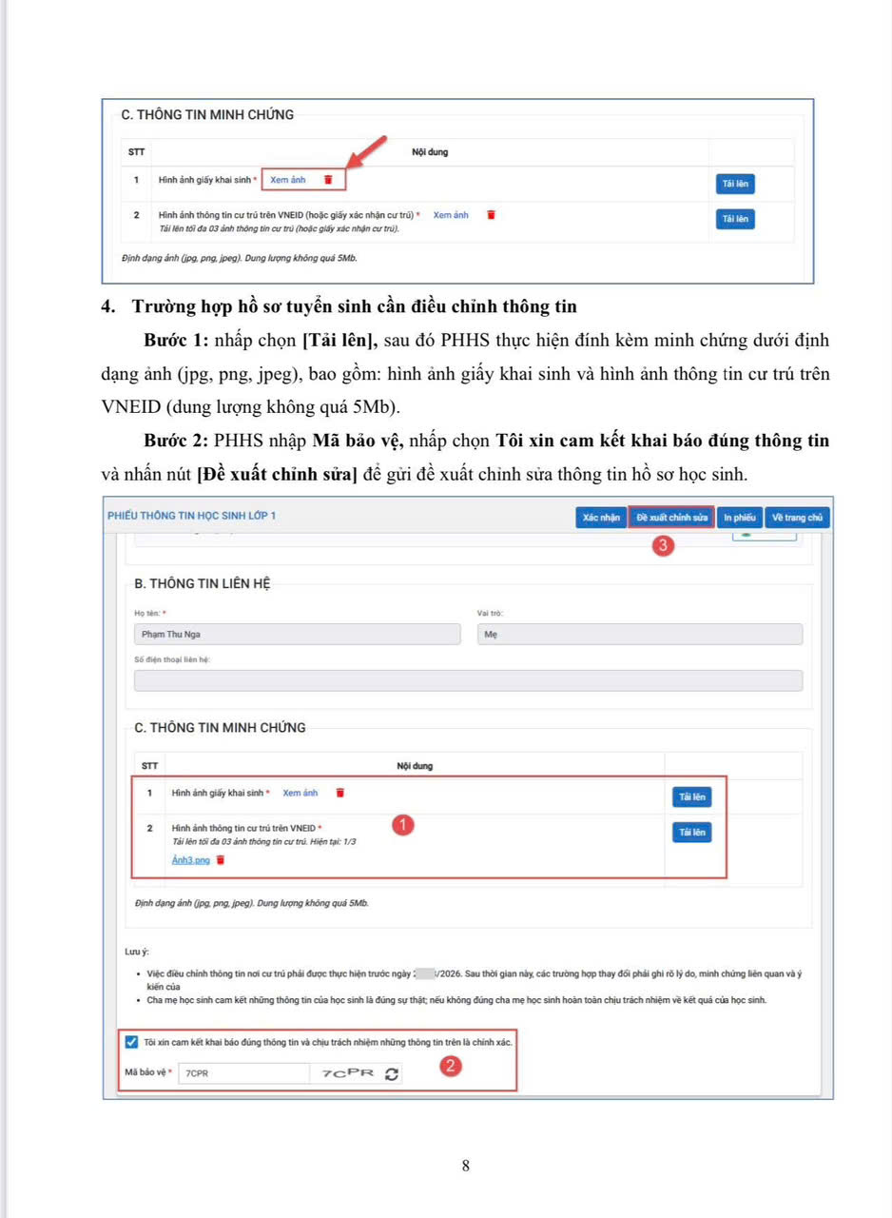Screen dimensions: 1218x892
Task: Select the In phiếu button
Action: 739,517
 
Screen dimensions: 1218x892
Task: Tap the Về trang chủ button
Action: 797,517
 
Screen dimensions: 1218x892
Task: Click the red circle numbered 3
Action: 664,546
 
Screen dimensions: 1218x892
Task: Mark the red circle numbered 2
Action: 453,1067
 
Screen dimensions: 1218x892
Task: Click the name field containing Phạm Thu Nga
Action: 297,635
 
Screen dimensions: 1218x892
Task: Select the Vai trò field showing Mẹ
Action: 639,635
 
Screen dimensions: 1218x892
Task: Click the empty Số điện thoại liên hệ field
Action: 468,680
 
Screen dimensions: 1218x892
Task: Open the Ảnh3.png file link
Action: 190,860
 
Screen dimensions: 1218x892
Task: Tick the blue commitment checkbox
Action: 131,1041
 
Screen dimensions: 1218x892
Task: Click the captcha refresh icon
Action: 392,1073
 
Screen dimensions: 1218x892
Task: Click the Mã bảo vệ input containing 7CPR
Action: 242,1073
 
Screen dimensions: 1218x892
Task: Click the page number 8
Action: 465,1166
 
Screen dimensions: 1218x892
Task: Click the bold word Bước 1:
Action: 177,341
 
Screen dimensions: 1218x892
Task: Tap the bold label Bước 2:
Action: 177,442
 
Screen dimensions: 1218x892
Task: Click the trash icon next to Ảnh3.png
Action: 221,860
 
